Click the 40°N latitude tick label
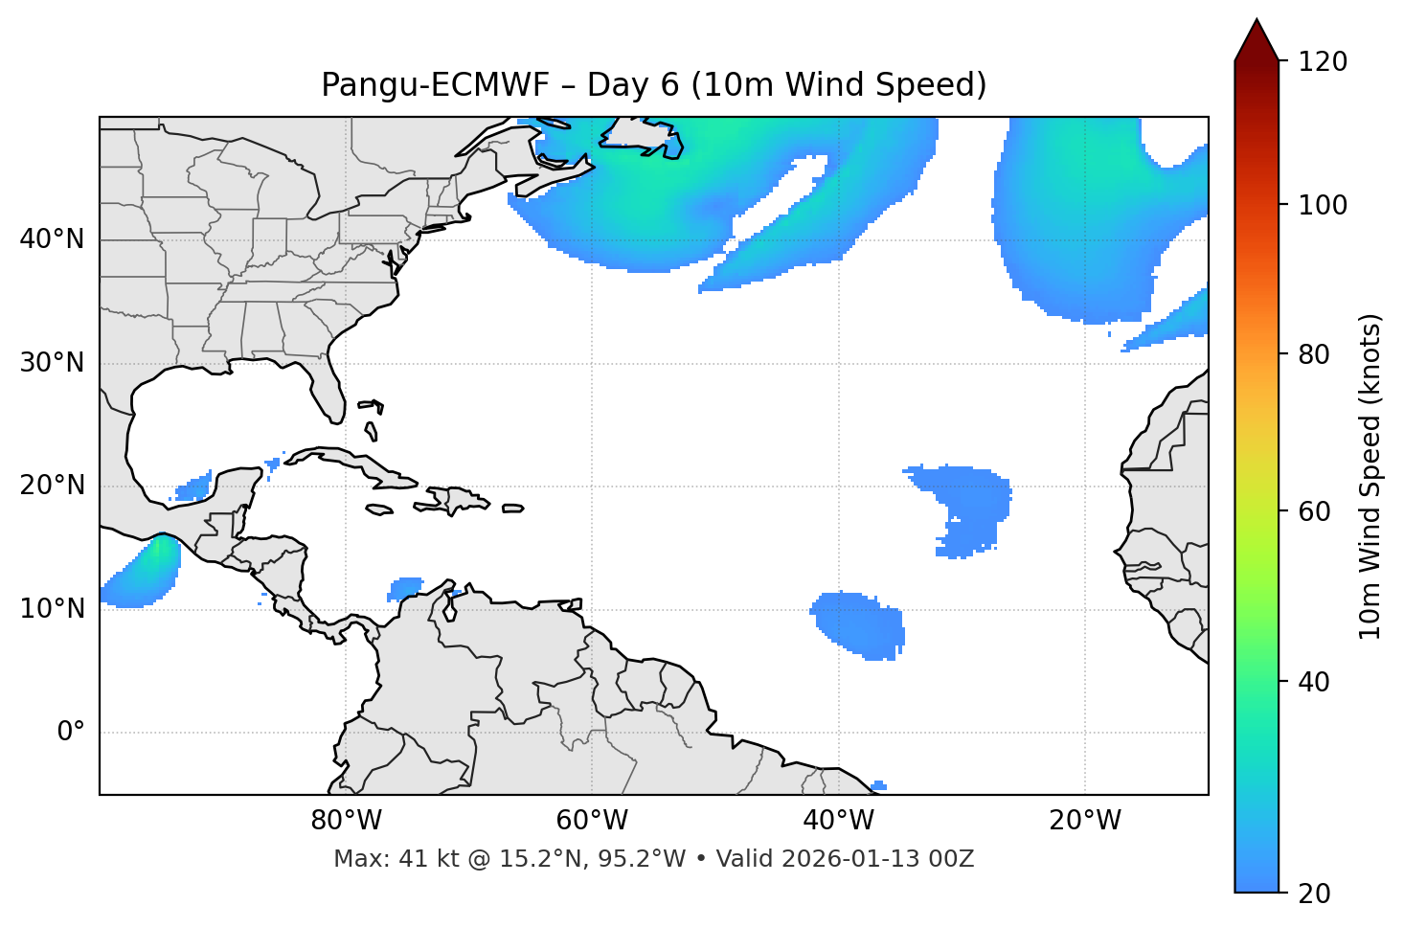52,239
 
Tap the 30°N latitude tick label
52,363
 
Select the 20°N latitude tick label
52,486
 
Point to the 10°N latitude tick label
52,609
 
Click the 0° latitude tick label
71,733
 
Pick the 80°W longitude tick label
346,821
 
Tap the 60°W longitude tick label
592,821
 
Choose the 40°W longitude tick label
838,821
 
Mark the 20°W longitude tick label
1085,821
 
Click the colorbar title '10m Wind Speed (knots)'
1370,477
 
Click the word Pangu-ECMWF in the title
435,85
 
